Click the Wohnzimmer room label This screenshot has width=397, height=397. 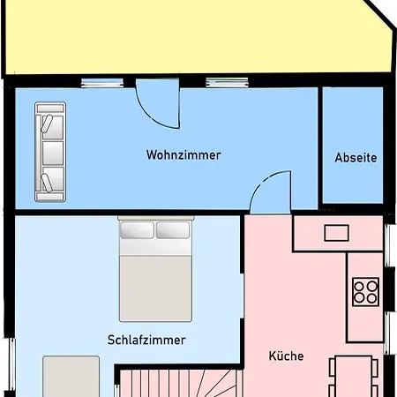pyautogui.click(x=184, y=155)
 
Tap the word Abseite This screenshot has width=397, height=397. pyautogui.click(x=356, y=159)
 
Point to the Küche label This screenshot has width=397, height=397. pyautogui.click(x=285, y=356)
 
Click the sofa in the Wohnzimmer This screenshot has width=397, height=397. pyautogui.click(x=49, y=151)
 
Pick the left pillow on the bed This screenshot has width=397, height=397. pyautogui.click(x=136, y=230)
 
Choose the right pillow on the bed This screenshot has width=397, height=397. pyautogui.click(x=173, y=230)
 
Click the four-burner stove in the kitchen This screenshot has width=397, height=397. pyautogui.click(x=365, y=290)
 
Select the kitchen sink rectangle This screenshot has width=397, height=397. pyautogui.click(x=337, y=233)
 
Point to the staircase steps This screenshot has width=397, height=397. pyautogui.click(x=176, y=385)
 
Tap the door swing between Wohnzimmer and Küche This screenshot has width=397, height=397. pyautogui.click(x=271, y=193)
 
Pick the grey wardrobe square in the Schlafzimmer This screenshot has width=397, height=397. pyautogui.click(x=71, y=377)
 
